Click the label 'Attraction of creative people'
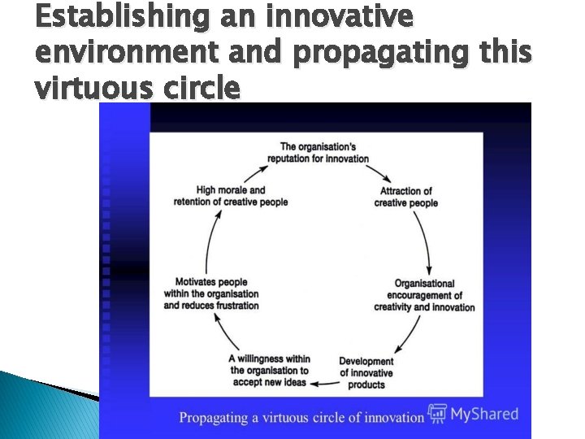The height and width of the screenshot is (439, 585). click(x=405, y=198)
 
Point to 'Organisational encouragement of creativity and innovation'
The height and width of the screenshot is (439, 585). click(x=424, y=296)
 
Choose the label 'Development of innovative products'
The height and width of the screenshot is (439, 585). click(x=366, y=373)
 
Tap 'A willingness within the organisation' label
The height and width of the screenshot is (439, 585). click(x=269, y=370)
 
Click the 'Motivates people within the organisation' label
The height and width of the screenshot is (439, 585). click(x=211, y=294)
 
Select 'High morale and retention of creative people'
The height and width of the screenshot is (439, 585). click(x=231, y=196)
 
